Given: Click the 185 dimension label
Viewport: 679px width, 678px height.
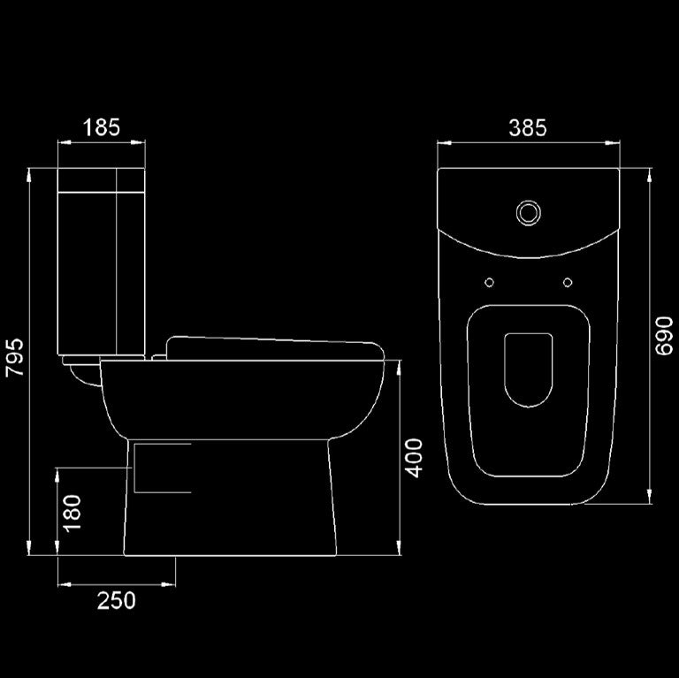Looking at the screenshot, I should (101, 127).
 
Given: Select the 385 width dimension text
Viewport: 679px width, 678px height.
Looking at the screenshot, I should (528, 127).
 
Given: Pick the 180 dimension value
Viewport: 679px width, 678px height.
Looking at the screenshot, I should (72, 512).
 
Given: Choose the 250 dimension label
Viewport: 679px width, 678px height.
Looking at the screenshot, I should (117, 600).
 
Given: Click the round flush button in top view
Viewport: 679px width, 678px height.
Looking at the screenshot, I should (528, 211).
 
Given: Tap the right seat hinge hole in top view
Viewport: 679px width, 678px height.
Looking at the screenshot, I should (567, 282).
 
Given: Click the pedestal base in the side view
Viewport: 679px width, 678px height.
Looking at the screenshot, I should (230, 504).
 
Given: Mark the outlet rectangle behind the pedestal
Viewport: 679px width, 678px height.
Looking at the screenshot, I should (161, 468).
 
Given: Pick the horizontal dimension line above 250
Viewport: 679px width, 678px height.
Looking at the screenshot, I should (117, 584).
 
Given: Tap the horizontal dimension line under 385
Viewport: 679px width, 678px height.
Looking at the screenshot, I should (528, 141).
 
